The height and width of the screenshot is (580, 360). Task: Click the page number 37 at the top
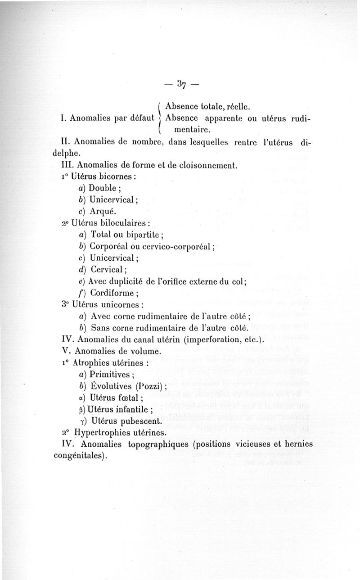[x=182, y=84]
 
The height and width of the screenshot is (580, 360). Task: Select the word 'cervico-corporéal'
[x=178, y=246]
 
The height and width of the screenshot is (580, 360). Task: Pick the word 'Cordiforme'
[x=112, y=293]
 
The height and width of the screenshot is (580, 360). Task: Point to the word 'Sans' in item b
[x=100, y=328]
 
